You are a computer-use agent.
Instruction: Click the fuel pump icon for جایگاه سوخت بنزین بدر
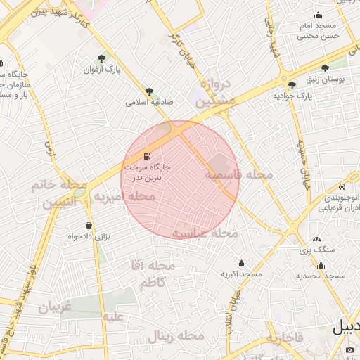146,156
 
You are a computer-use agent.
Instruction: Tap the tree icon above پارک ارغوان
103,58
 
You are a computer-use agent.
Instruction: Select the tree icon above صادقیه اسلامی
149,91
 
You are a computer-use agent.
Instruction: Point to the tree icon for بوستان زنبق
325,68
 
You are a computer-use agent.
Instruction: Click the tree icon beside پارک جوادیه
292,84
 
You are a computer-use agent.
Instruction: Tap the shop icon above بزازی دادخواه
89,225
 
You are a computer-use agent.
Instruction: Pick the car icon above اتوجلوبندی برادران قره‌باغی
341,187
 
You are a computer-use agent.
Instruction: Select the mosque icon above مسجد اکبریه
241,262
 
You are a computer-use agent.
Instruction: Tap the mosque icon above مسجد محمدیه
321,265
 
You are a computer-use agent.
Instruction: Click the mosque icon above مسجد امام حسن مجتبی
318,15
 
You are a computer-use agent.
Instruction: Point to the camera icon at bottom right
350,350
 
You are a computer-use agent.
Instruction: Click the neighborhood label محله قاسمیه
235,175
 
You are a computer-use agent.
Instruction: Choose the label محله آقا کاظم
152,274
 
